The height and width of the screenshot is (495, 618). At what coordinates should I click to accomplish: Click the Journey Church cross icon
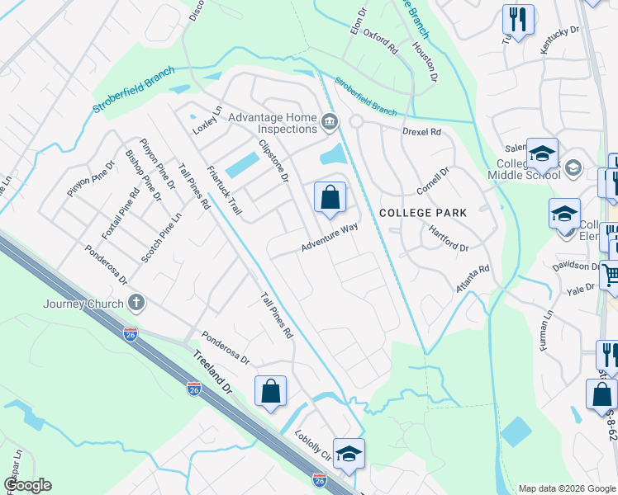(x=137, y=303)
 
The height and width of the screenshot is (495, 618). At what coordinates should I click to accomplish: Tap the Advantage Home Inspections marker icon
(x=330, y=123)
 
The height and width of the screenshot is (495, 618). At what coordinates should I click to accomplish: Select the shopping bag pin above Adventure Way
(x=330, y=198)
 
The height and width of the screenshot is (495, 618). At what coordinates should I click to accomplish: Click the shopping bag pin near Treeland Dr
(x=270, y=393)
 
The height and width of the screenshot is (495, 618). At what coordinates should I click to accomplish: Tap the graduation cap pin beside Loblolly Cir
(x=349, y=454)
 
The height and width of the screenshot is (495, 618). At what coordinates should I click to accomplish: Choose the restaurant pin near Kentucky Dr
(x=518, y=20)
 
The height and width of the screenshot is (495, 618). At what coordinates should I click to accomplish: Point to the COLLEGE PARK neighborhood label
(x=423, y=213)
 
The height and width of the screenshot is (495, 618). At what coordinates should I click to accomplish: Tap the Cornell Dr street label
(x=432, y=181)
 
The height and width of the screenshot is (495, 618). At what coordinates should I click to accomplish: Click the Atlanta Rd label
(x=473, y=279)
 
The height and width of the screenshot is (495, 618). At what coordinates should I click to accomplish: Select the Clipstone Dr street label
(x=273, y=160)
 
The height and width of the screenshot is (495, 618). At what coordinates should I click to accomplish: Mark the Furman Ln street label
(x=548, y=329)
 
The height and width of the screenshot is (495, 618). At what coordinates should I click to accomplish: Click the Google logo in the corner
(x=27, y=485)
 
